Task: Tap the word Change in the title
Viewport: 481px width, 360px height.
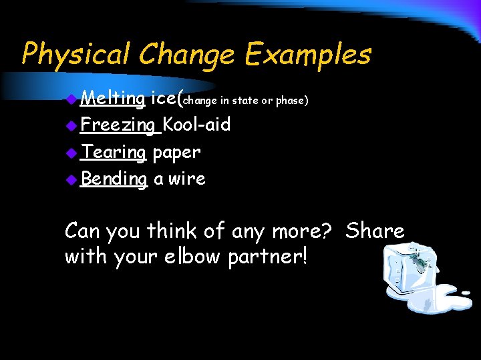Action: [180, 54]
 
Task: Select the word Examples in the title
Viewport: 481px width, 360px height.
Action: [307, 54]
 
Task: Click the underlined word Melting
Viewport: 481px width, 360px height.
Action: [112, 99]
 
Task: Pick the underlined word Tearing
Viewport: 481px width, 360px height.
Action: [113, 152]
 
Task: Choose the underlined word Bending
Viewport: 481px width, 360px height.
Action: [113, 179]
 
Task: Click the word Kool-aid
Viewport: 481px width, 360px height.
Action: [196, 125]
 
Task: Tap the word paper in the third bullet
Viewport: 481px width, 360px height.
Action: [176, 153]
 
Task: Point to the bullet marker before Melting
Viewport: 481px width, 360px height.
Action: [72, 100]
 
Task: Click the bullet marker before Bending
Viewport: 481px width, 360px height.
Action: [72, 179]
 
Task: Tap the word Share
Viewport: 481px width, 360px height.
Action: [375, 231]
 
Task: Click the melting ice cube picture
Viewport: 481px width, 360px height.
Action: [421, 277]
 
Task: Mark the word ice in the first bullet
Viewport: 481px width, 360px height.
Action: [164, 99]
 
